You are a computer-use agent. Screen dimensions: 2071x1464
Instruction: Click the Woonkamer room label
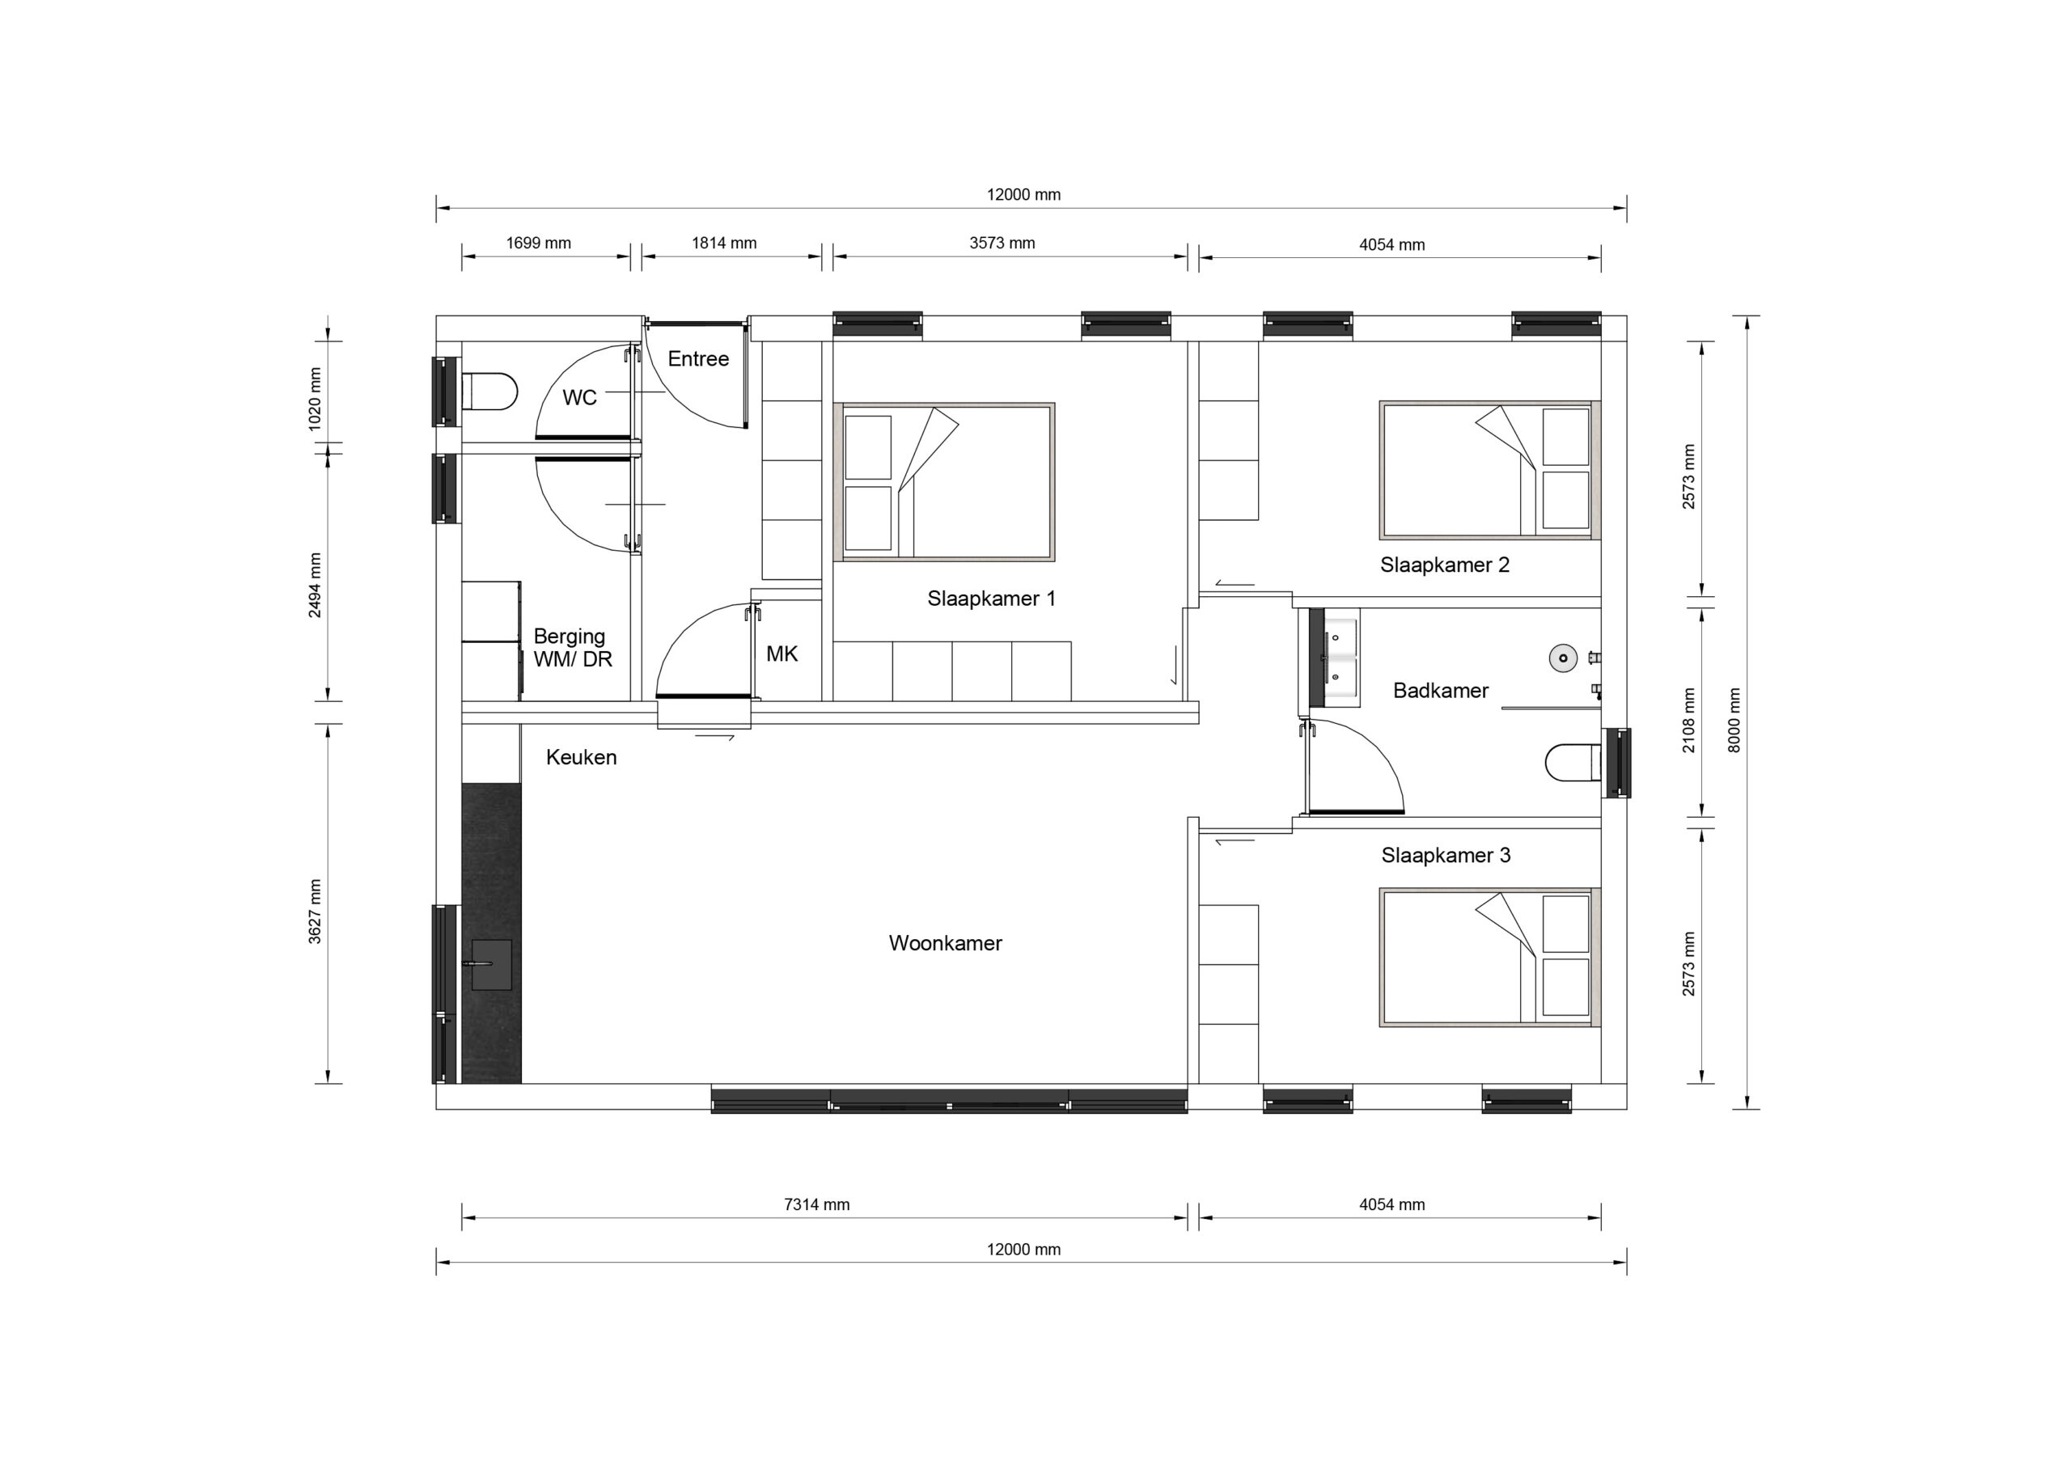tap(946, 944)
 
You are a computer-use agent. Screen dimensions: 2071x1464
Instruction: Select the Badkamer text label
tap(1441, 691)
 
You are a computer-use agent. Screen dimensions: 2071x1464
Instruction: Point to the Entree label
tap(698, 359)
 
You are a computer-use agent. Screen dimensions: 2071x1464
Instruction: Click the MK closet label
tap(782, 654)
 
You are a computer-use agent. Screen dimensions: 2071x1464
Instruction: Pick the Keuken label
tap(582, 758)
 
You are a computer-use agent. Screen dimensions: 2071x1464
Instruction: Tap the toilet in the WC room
tap(489, 392)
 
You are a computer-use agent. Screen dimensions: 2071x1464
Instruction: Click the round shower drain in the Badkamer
tap(1563, 658)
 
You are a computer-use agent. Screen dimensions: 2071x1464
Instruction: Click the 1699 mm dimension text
tap(539, 243)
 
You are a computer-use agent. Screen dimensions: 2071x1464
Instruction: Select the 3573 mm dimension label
tap(1002, 243)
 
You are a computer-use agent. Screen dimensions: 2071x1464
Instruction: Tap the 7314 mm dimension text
tap(817, 1205)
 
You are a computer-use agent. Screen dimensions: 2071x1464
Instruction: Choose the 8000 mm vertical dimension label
tap(1734, 721)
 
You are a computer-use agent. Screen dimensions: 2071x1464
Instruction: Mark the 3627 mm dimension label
tap(315, 911)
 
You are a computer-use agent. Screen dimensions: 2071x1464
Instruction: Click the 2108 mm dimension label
tap(1688, 721)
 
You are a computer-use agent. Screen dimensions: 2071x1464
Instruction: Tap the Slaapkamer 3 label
tap(1446, 855)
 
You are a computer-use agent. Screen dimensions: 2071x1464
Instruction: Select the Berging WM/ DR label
tap(573, 648)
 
